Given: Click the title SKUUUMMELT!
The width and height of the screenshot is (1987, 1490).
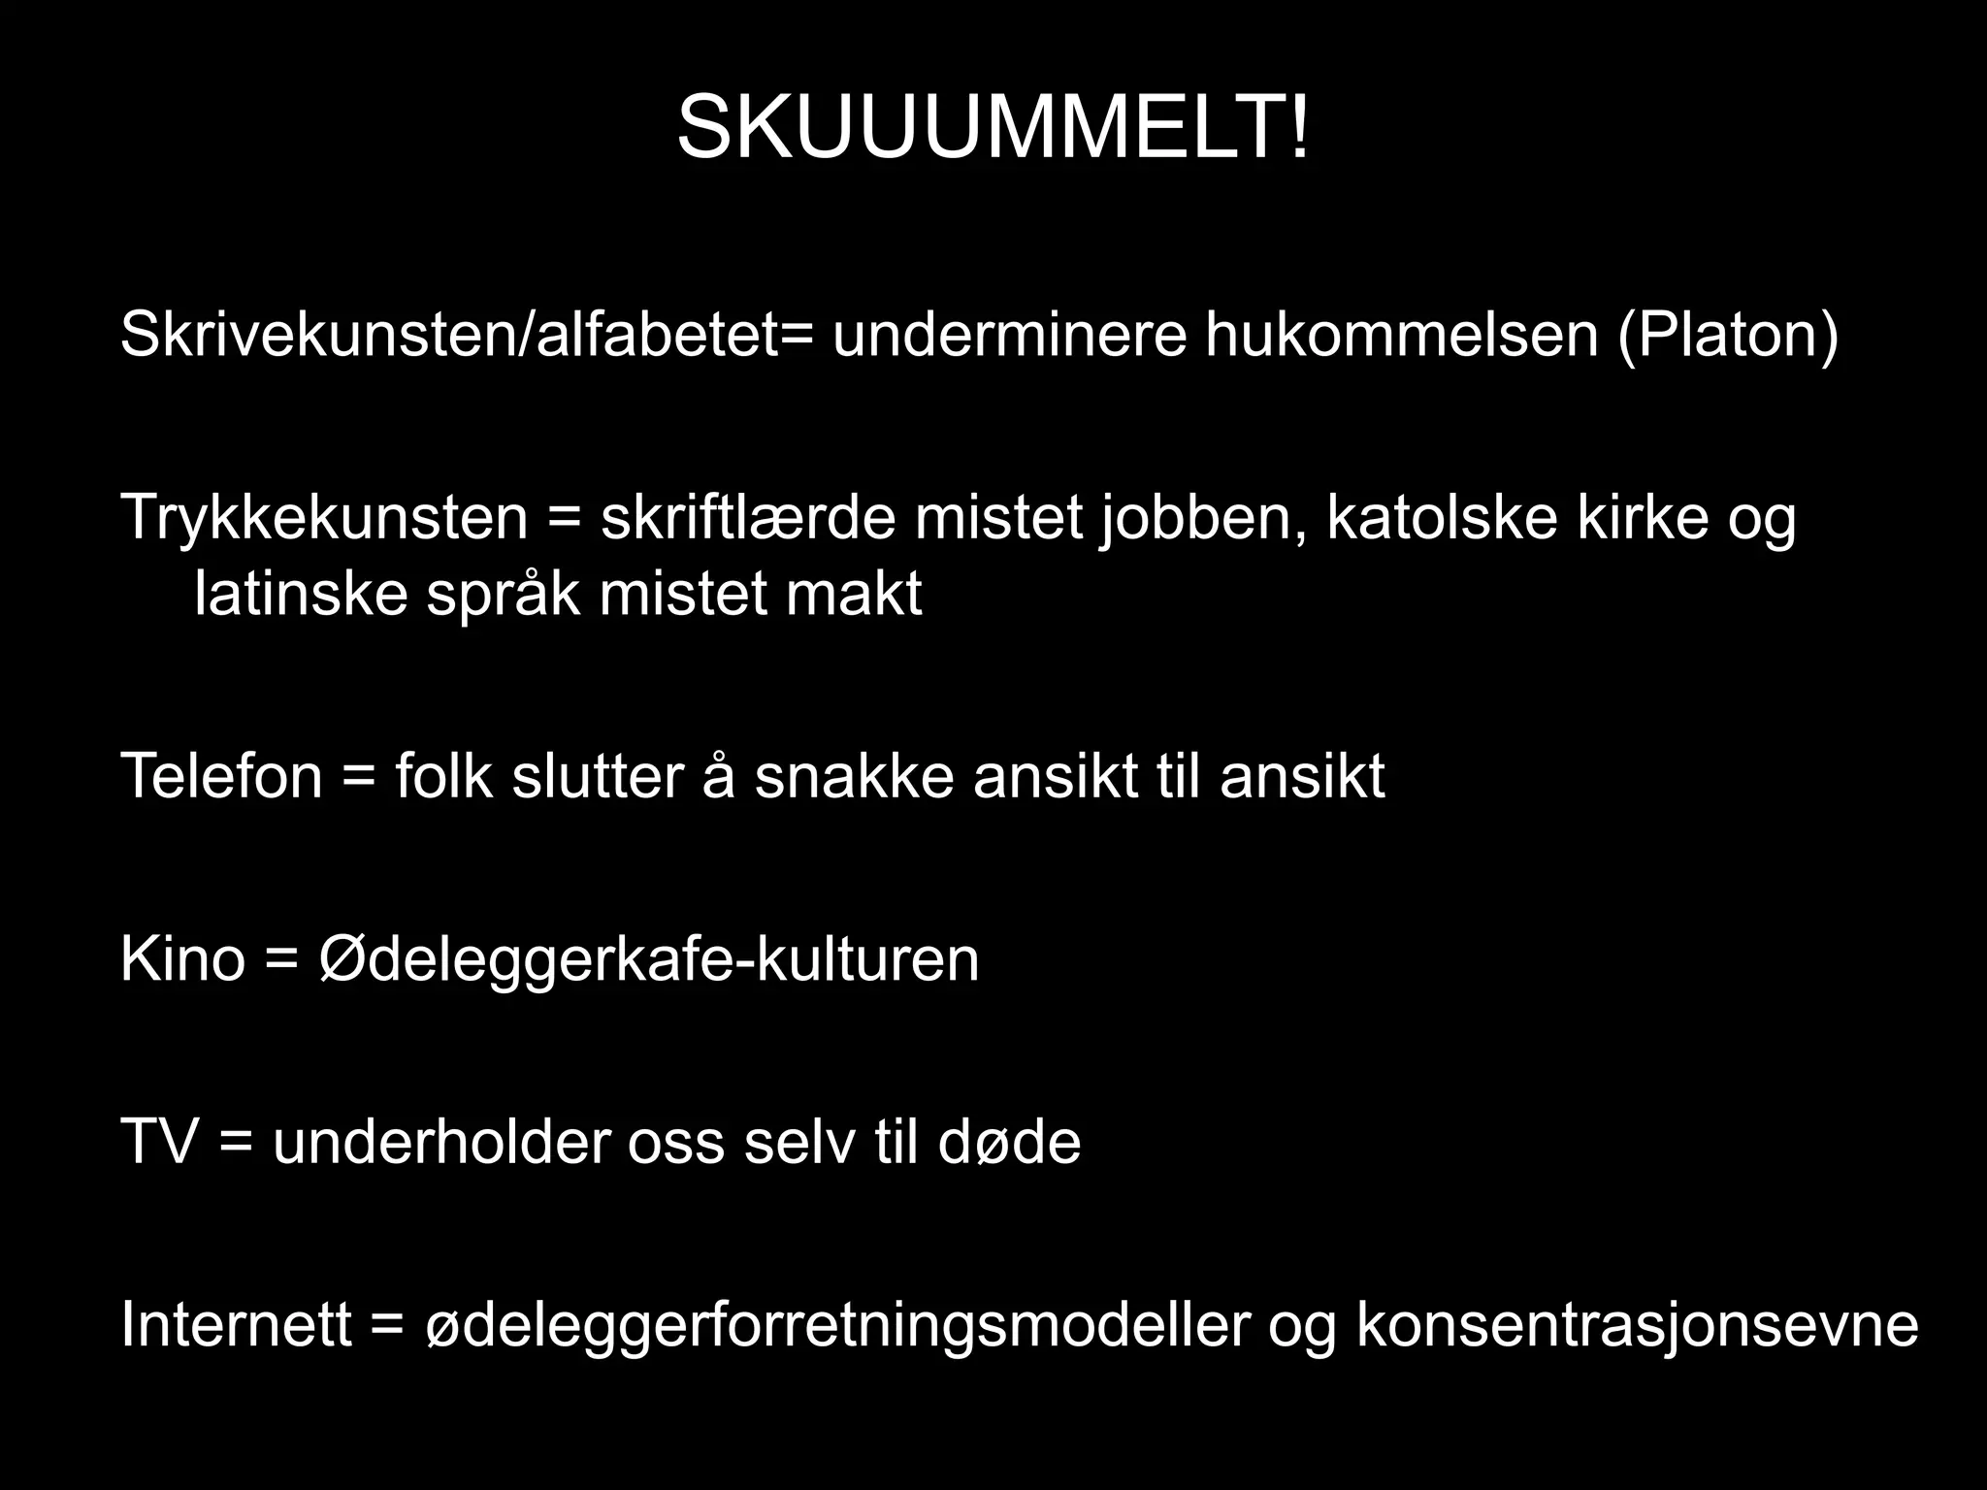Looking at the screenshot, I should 993,129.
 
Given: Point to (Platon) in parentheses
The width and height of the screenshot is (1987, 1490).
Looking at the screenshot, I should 1727,335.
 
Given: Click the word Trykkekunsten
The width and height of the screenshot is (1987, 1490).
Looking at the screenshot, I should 324,518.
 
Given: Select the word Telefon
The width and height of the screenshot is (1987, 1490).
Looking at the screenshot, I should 221,776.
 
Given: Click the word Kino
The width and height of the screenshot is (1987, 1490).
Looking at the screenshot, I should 181,959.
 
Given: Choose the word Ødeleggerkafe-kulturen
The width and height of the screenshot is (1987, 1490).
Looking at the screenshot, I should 648,959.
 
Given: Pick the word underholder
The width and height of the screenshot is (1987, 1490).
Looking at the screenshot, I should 441,1142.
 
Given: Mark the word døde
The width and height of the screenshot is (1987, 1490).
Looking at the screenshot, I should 1009,1142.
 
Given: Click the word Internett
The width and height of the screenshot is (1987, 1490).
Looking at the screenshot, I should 236,1325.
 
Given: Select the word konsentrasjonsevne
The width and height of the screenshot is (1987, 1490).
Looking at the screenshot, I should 1637,1325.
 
